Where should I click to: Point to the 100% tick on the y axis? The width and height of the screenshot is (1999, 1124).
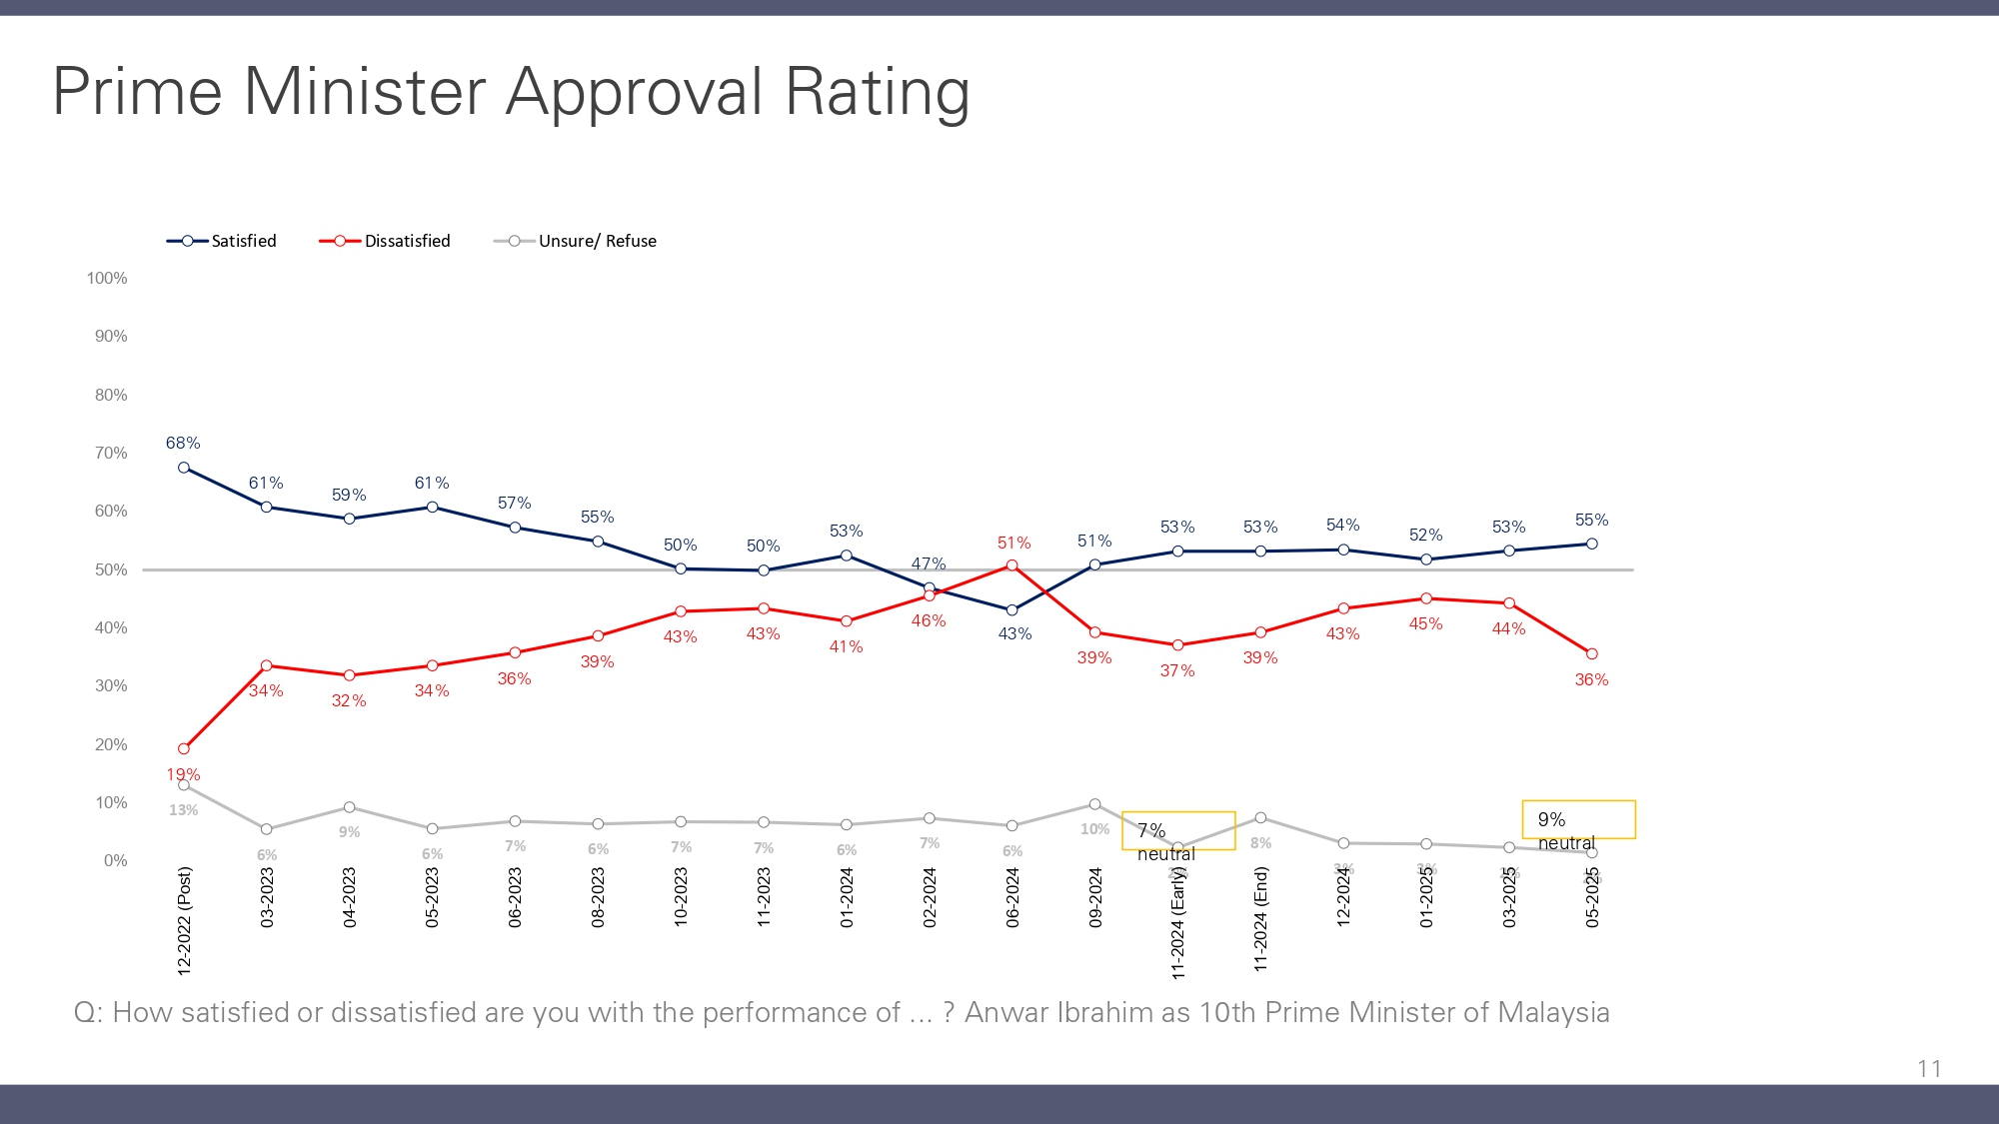[107, 279]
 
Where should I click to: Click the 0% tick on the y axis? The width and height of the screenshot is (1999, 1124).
[115, 861]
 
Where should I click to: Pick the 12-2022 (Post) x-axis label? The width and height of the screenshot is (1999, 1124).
[185, 920]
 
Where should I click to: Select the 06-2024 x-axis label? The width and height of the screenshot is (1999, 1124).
[1012, 897]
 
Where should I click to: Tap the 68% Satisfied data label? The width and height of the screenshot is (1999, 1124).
[183, 443]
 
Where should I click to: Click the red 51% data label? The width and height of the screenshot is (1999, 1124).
[1013, 543]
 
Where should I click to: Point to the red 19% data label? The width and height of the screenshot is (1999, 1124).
[183, 774]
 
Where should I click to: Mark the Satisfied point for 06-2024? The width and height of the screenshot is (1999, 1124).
[1012, 610]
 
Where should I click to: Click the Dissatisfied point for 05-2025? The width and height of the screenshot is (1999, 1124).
[1592, 654]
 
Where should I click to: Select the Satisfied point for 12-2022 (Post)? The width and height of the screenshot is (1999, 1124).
[184, 468]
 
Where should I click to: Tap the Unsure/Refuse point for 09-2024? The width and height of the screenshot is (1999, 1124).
[1095, 804]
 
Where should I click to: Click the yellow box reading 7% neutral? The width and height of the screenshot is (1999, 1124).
[1179, 830]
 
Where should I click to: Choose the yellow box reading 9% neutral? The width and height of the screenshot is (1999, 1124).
[1579, 819]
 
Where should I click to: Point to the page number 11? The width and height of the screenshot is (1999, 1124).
[1929, 1069]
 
